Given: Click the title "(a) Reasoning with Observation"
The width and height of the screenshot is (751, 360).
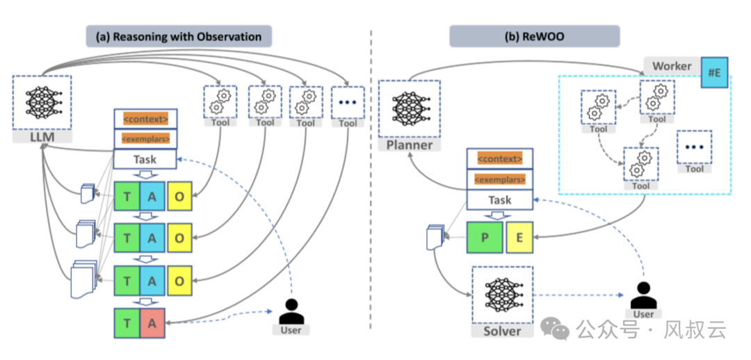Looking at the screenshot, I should tap(179, 36).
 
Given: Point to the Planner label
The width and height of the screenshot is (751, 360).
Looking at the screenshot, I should tap(409, 145).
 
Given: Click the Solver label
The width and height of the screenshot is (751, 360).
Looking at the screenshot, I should tap(502, 331).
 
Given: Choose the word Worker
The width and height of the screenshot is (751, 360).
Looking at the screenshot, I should tap(672, 66).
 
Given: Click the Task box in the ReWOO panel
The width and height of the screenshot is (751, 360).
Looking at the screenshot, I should tap(499, 200).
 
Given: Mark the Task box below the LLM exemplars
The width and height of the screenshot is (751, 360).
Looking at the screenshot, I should tap(145, 160).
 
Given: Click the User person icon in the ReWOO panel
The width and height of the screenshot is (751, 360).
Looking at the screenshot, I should tap(643, 294).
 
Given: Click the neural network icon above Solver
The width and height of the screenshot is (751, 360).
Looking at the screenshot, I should tap(502, 293).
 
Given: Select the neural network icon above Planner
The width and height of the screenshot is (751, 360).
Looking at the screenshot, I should tap(409, 108).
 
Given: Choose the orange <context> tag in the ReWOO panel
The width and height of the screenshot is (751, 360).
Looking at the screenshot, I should tap(499, 159).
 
